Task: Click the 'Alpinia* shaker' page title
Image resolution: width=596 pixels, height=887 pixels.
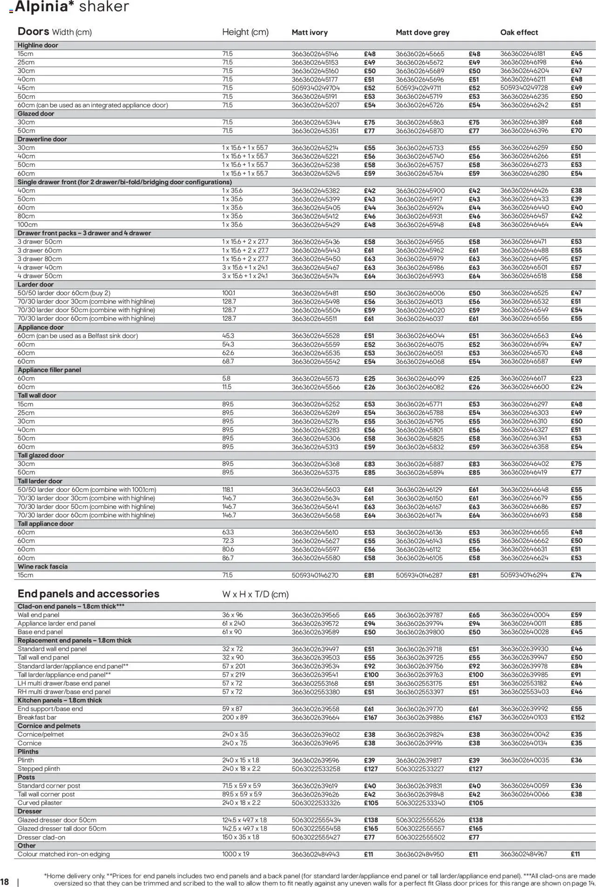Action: coord(72,7)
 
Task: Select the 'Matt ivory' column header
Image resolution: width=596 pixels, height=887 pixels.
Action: coord(310,33)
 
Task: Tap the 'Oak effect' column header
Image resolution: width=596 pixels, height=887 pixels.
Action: coord(519,33)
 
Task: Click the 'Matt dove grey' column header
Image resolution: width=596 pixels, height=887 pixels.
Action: coord(422,33)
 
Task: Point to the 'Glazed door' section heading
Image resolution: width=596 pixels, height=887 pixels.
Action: coord(36,114)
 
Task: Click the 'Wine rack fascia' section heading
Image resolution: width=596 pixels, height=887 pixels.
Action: coord(42,567)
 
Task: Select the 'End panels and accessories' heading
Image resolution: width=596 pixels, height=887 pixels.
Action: coord(88,594)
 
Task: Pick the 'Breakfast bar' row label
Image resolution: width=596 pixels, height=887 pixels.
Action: coord(37,717)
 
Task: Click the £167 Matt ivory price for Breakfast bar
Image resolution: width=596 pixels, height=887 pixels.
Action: coord(371,718)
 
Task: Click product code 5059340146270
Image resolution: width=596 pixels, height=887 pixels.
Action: coord(315,576)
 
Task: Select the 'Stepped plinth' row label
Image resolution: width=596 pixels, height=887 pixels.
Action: coord(39,769)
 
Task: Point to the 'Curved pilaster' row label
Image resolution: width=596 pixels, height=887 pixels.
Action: coord(40,803)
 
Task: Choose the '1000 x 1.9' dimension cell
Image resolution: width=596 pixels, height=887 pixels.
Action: coord(236,854)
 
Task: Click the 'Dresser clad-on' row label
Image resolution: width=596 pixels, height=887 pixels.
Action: coord(41,838)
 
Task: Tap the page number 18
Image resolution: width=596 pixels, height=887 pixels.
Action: coord(5,881)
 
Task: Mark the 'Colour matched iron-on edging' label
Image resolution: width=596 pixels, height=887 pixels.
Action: coord(64,854)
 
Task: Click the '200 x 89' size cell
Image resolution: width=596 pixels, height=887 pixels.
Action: coord(235,717)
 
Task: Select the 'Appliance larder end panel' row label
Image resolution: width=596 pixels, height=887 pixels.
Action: coord(56,624)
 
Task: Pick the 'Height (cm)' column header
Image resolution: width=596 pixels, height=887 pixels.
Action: coord(245,32)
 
